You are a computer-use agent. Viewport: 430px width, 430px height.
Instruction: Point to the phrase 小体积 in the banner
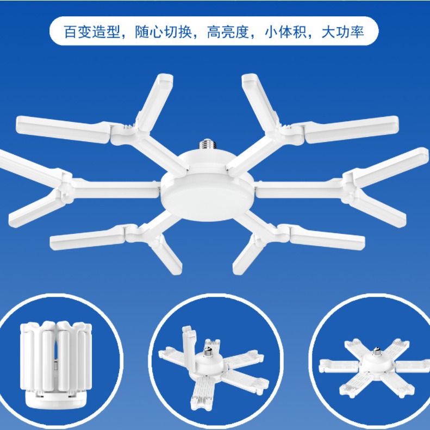[283, 32]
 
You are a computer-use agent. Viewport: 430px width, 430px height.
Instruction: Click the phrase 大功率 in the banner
[342, 32]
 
